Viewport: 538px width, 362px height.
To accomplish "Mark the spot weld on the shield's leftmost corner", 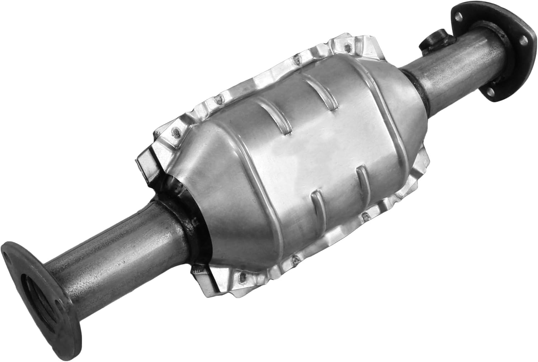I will pyautogui.click(x=176, y=133).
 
